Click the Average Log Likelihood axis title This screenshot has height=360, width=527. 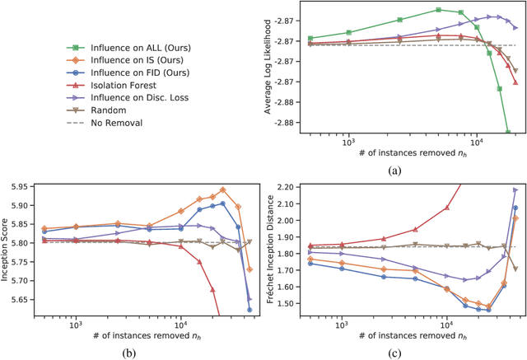click(265, 68)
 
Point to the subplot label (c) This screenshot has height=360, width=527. click(399, 353)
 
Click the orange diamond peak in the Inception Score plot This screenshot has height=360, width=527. click(222, 189)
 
